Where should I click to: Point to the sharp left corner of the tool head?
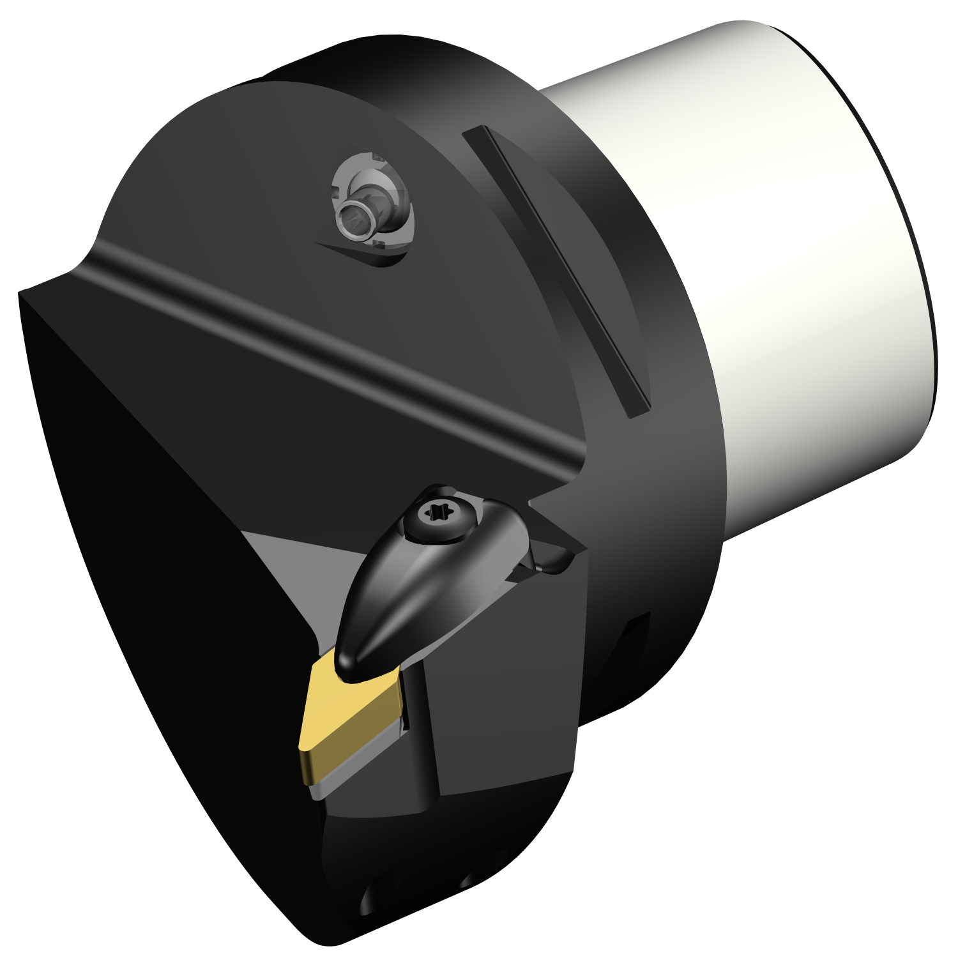(x=23, y=295)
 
